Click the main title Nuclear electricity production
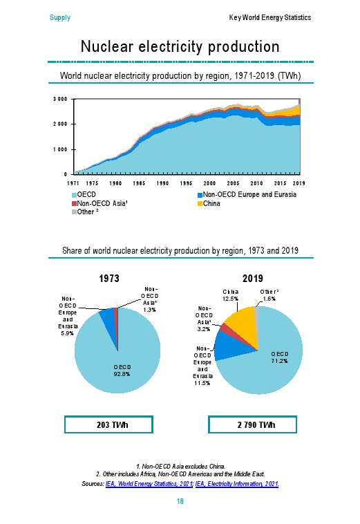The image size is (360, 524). pyautogui.click(x=180, y=46)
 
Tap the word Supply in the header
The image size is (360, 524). pyautogui.click(x=60, y=18)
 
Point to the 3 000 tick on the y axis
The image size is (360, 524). pyautogui.click(x=60, y=99)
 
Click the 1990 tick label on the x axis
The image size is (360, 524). pyautogui.click(x=162, y=183)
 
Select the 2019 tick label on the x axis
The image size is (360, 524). pyautogui.click(x=299, y=183)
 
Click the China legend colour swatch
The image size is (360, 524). pyautogui.click(x=200, y=203)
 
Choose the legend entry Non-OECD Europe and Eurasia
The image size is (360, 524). pyautogui.click(x=247, y=194)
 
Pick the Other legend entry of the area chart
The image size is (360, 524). pyautogui.click(x=85, y=212)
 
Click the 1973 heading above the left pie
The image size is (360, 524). pyautogui.click(x=109, y=279)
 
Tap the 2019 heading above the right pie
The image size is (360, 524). pyautogui.click(x=253, y=279)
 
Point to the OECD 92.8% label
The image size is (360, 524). pyautogui.click(x=122, y=371)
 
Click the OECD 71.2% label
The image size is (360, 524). pyautogui.click(x=280, y=357)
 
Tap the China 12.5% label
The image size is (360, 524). pyautogui.click(x=230, y=295)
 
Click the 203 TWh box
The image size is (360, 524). pyautogui.click(x=109, y=424)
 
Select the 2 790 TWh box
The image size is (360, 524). pyautogui.click(x=252, y=424)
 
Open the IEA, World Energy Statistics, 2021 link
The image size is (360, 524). pyautogui.click(x=149, y=484)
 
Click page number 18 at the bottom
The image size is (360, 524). pyautogui.click(x=180, y=501)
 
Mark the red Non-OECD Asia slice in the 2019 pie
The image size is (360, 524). pyautogui.click(x=225, y=328)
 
